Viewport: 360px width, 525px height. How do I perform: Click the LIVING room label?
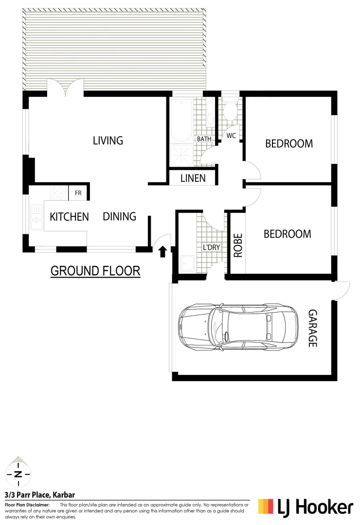(108, 141)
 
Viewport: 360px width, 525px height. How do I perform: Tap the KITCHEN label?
(69, 217)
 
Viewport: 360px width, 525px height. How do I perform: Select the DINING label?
(119, 216)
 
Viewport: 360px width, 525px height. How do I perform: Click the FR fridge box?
(78, 193)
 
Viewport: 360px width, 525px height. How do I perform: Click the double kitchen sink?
(36, 217)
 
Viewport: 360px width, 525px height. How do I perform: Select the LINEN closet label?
(193, 178)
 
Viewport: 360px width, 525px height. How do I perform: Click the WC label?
(231, 136)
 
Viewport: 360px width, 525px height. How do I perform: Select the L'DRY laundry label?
(211, 247)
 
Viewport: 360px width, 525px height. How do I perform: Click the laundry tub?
(187, 263)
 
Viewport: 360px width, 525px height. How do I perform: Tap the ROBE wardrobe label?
(238, 246)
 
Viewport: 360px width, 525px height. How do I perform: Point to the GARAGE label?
(312, 328)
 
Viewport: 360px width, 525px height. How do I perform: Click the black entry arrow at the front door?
(162, 251)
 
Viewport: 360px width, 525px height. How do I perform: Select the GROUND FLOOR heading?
(95, 271)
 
